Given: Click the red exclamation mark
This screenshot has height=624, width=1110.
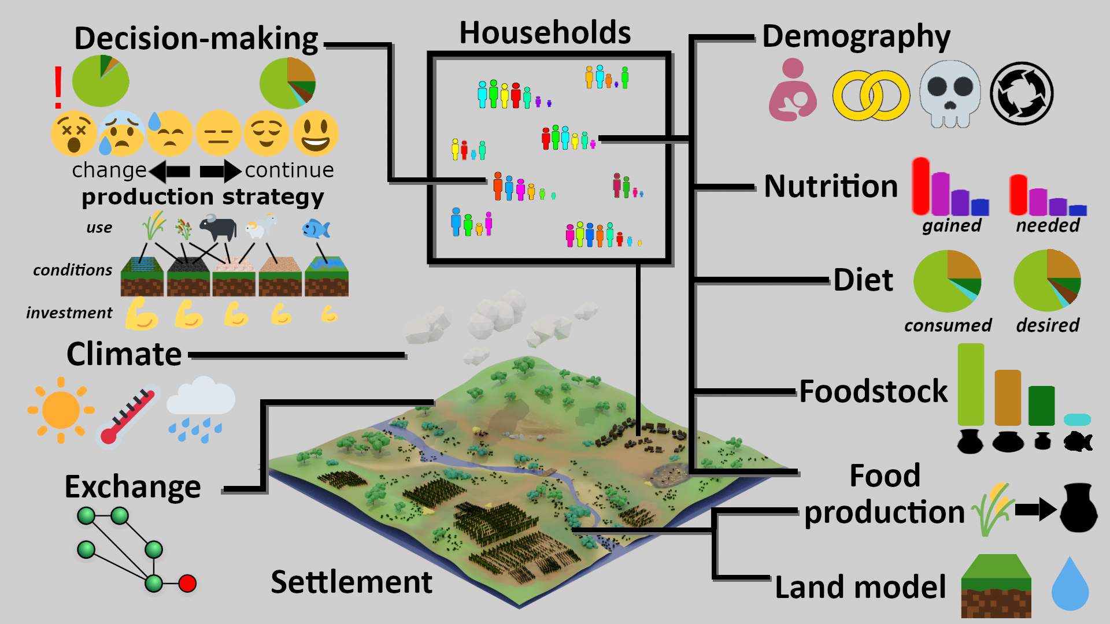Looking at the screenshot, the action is (58, 87).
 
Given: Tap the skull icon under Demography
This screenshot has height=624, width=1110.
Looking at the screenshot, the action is (950, 94).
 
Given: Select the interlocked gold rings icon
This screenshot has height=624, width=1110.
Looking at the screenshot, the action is (871, 95).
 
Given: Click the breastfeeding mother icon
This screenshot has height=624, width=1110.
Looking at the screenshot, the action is (793, 90).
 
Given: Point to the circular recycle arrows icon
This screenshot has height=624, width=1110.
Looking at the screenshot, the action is (1022, 94).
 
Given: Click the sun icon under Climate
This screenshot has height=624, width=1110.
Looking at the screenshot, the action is (61, 410).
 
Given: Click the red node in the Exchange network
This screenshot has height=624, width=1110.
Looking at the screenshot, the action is (187, 584).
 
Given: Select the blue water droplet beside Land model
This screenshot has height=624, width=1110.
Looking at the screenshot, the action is (1070, 584).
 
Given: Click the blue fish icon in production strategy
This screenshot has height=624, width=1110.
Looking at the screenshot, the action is (316, 229).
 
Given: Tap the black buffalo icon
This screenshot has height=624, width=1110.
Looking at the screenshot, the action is (218, 227).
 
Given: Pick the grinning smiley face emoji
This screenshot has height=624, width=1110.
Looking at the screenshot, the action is (315, 133).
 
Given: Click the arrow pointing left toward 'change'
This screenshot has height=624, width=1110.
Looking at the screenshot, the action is (169, 172).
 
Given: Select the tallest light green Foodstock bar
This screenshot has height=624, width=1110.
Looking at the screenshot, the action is (971, 384).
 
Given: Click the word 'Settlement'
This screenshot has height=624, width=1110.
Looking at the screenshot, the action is (351, 582).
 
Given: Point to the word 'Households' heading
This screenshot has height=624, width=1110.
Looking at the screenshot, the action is (545, 32).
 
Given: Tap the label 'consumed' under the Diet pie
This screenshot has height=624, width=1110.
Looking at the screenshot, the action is (948, 325).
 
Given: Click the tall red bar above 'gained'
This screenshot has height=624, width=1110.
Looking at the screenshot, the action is (921, 186).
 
